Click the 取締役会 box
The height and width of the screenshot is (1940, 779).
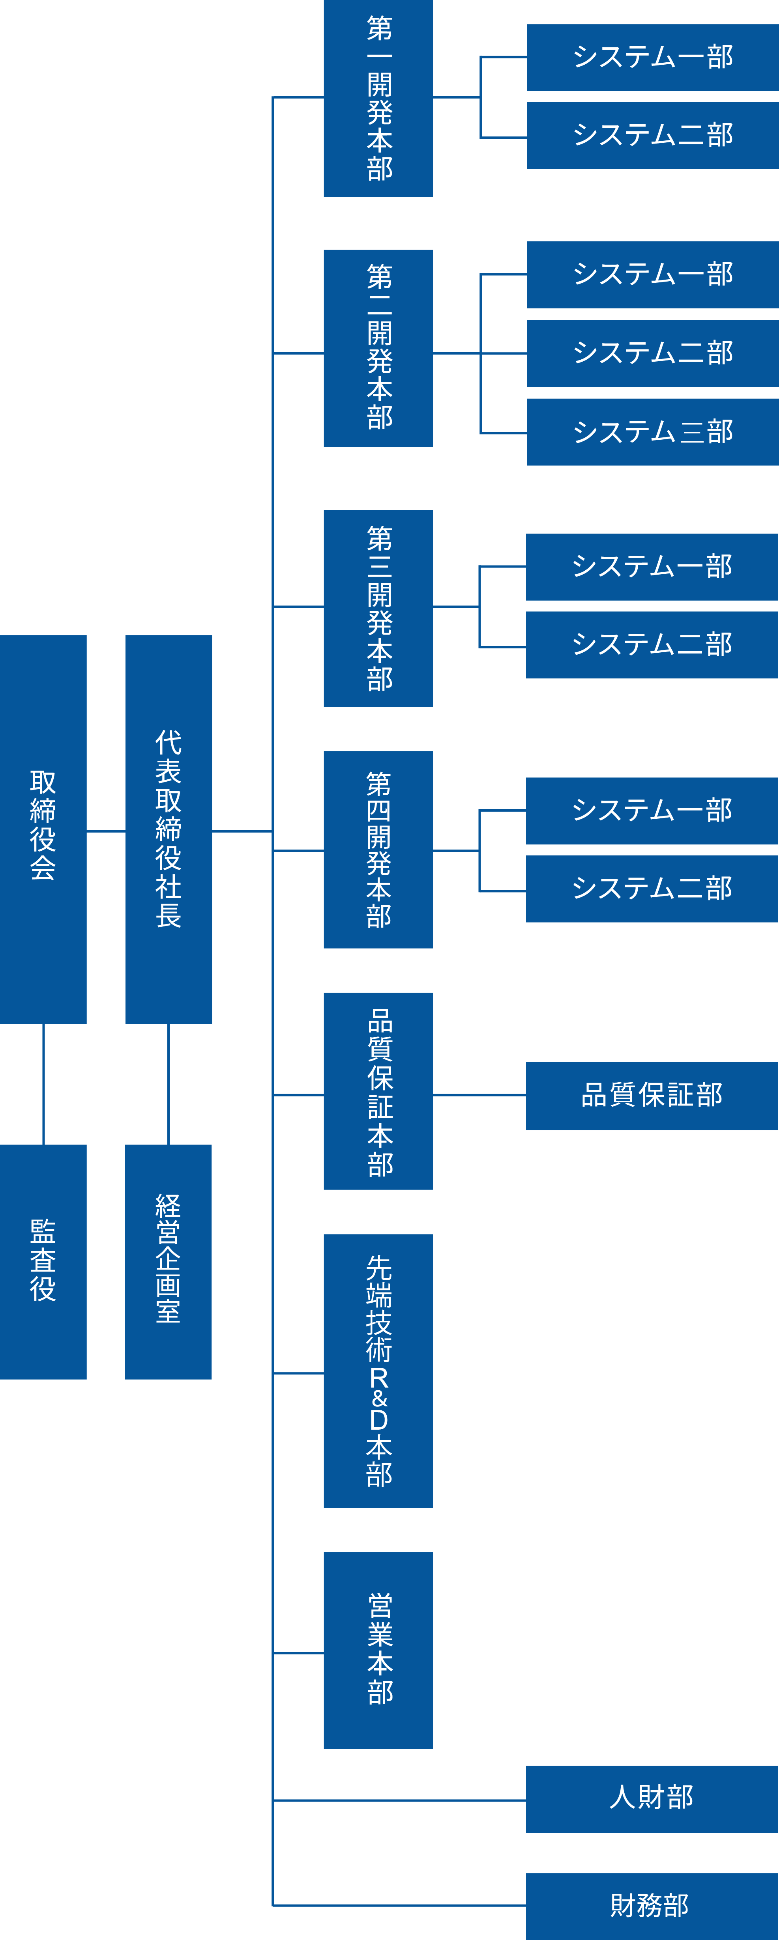[43, 829]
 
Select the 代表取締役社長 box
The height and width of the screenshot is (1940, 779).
[168, 829]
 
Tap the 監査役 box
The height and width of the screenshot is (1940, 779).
[43, 1261]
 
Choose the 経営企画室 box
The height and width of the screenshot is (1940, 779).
[168, 1261]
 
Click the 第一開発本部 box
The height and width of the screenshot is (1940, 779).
[378, 98]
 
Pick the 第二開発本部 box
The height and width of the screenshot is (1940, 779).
[378, 348]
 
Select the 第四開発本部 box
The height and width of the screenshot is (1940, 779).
[378, 850]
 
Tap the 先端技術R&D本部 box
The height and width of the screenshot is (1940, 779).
[378, 1370]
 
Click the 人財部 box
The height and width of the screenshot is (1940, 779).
[652, 1798]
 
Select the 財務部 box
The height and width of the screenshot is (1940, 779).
[652, 1905]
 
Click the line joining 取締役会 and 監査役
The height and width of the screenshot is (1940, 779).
[44, 1084]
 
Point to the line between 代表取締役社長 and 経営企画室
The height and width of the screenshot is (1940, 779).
[168, 1084]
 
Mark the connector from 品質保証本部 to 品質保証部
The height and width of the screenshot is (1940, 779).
[479, 1094]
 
